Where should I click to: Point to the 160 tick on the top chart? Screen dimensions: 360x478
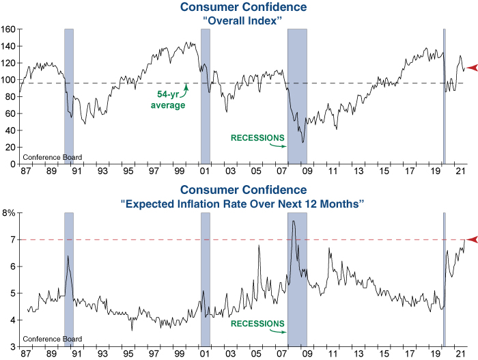[x=9, y=29]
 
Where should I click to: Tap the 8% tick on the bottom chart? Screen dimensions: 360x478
[x=10, y=213]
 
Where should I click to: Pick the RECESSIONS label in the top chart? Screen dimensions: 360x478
[x=256, y=138]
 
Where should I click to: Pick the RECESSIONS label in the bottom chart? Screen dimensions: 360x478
[x=256, y=323]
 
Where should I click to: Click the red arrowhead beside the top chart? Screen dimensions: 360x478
[x=470, y=65]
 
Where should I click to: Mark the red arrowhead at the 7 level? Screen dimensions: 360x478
[x=470, y=239]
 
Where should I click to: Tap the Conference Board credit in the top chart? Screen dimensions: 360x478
[x=53, y=158]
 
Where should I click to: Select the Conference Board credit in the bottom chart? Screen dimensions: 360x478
[x=53, y=339]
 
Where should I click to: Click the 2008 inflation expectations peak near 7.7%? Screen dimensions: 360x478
[x=293, y=221]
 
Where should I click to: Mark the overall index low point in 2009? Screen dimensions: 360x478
[x=303, y=142]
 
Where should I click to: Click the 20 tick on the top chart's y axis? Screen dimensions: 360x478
[x=12, y=147]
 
